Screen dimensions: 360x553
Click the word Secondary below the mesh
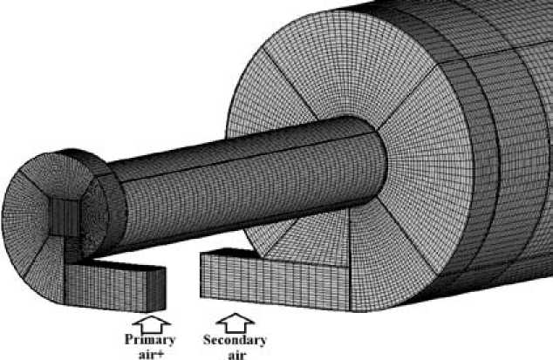(x=235, y=340)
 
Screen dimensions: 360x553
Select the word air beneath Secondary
(x=235, y=353)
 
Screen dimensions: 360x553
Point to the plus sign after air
(x=161, y=353)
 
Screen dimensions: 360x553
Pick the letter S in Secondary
(x=207, y=340)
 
